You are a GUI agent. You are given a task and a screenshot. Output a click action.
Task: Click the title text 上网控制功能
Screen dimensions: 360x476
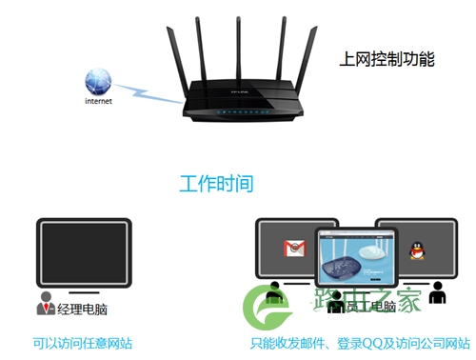coord(386,59)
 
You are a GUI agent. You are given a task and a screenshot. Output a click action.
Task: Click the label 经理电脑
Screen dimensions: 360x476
coord(81,308)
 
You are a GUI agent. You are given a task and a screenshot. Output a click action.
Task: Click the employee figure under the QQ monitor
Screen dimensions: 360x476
coord(437,295)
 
